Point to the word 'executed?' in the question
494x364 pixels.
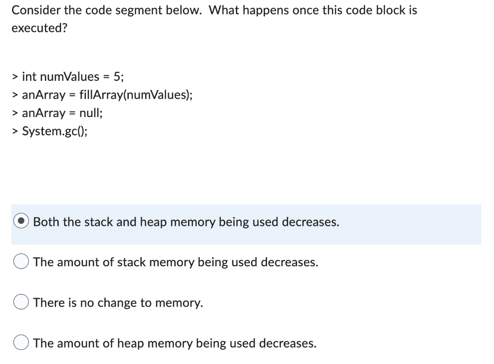[40, 28]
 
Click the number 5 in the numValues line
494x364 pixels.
[117, 77]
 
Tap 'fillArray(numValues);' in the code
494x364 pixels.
[143, 95]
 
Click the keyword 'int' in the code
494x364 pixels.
[29, 77]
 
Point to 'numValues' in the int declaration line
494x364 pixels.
[69, 77]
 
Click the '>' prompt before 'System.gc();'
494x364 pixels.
[15, 131]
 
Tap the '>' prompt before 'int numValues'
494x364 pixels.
[15, 77]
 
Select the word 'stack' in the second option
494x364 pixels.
[132, 262]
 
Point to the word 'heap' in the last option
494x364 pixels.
[130, 343]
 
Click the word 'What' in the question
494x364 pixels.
[225, 10]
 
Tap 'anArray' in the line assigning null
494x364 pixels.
[43, 113]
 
